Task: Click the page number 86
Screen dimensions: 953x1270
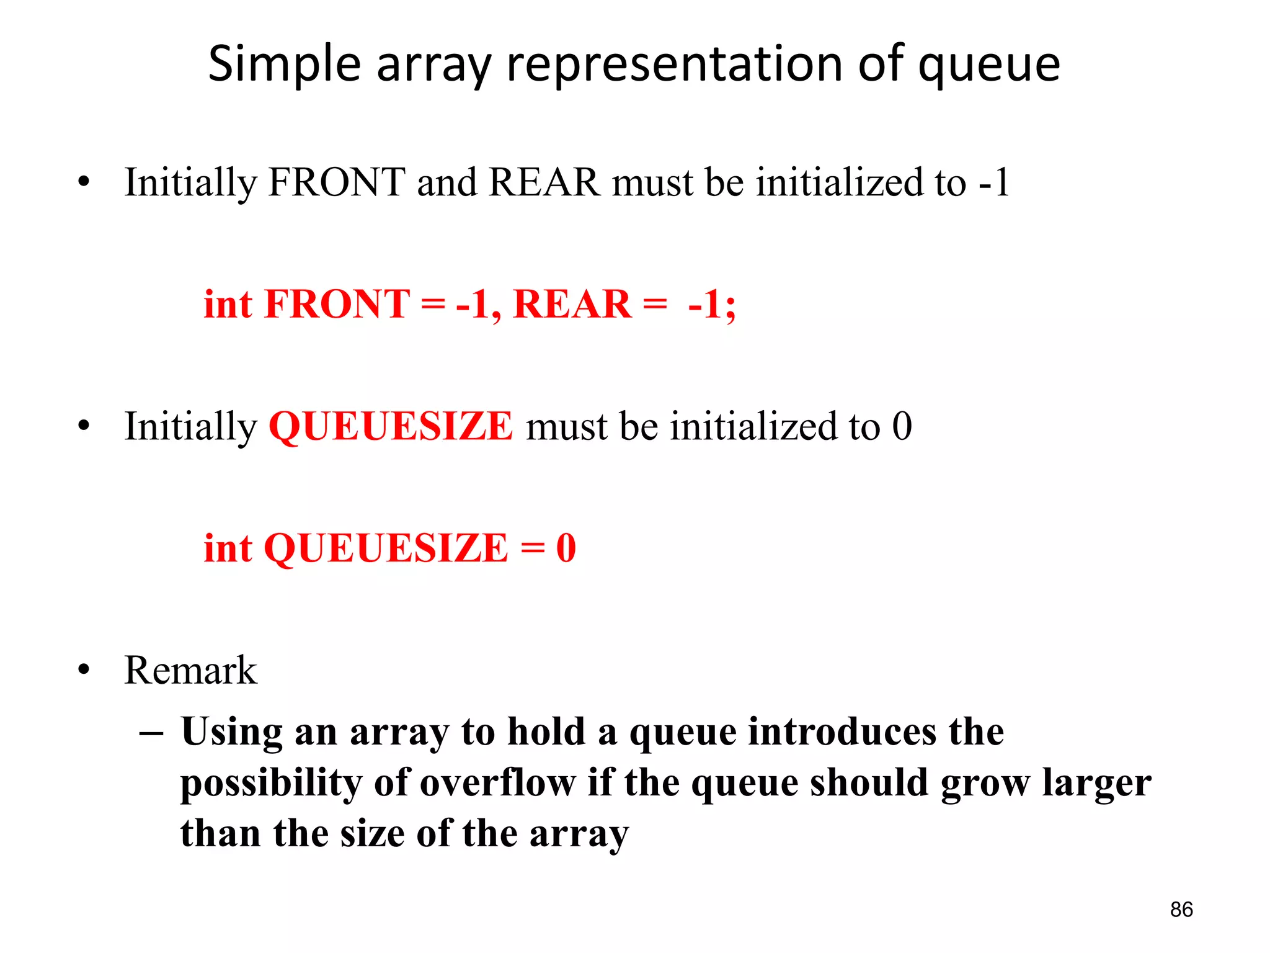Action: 1181,910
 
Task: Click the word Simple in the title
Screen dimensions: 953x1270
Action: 284,65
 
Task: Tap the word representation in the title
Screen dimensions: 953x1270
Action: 675,65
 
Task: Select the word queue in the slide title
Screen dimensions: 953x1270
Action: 989,65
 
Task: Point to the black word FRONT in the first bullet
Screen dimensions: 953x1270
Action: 337,182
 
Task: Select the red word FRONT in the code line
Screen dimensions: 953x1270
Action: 337,304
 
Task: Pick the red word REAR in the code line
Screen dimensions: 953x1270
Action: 572,304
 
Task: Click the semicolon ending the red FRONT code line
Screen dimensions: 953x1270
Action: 730,306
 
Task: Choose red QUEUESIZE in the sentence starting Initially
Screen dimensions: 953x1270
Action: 391,426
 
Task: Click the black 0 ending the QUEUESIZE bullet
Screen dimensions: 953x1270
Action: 902,426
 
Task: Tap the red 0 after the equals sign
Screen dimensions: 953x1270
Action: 566,548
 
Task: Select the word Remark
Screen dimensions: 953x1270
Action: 190,671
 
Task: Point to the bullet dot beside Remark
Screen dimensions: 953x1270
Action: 84,671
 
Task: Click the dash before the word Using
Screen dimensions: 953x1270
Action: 151,733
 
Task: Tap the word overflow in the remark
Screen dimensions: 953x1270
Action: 498,782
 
